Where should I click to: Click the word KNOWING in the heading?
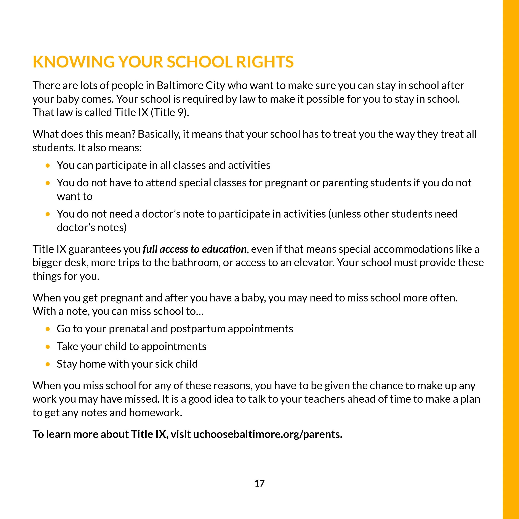tap(74, 62)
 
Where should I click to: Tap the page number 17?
tap(259, 483)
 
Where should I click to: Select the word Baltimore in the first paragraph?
tap(180, 85)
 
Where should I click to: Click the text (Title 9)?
tap(170, 112)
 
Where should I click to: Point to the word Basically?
tap(159, 134)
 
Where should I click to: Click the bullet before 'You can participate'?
tap(48, 166)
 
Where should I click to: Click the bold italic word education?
tap(224, 249)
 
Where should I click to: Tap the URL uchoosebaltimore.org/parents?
tap(268, 434)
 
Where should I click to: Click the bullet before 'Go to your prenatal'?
tap(48, 329)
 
